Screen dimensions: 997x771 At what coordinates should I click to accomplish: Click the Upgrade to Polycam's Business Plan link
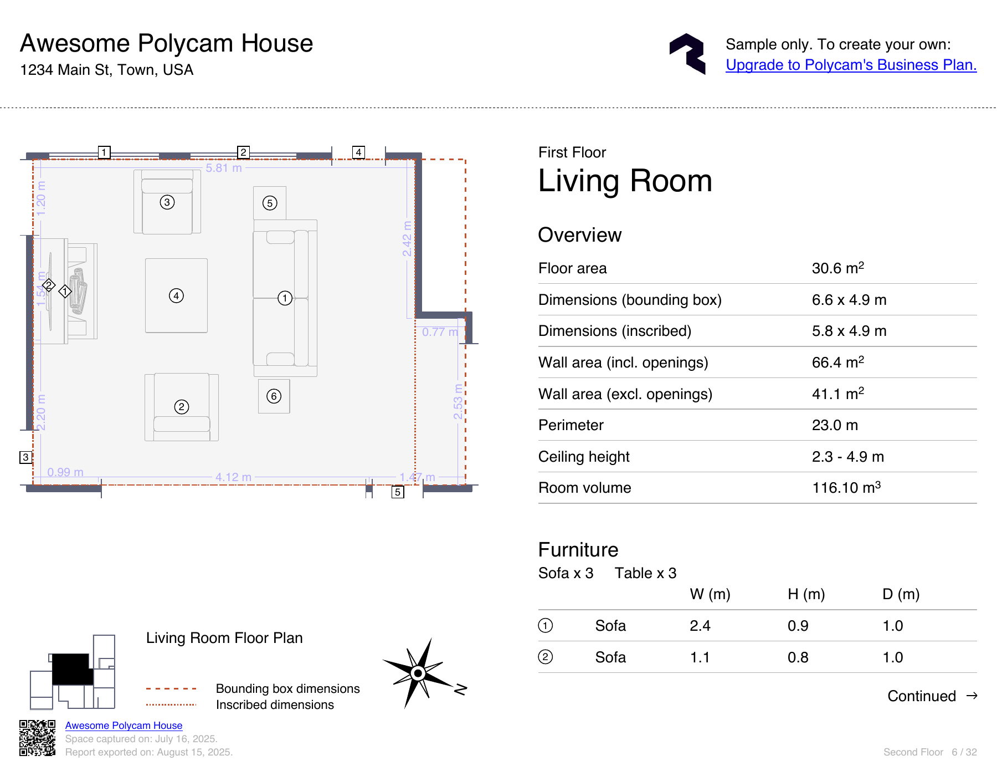coord(851,65)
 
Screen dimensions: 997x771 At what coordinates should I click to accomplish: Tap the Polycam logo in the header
coord(687,54)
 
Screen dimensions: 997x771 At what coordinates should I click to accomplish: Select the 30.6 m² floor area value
coord(838,268)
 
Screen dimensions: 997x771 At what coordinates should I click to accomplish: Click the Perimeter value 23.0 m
coord(835,425)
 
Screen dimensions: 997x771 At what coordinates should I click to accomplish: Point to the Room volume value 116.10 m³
coord(846,488)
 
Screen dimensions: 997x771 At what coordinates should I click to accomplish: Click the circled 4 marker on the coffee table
coord(176,295)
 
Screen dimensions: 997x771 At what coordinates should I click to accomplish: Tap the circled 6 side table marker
coord(274,396)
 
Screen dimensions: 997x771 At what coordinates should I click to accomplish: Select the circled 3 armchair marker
coord(167,202)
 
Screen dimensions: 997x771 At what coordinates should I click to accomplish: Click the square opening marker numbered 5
coord(398,492)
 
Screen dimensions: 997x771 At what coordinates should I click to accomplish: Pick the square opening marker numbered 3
coord(25,457)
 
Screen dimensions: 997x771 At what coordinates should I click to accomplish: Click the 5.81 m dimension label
coord(224,168)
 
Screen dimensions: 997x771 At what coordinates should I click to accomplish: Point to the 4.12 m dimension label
coord(233,477)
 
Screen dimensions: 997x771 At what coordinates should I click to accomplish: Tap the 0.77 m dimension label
coord(440,332)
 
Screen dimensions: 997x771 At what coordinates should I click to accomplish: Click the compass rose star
coord(418,673)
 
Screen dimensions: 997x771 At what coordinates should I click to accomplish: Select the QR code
coord(38,738)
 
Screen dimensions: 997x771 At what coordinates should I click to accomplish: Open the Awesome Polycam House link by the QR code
coord(124,726)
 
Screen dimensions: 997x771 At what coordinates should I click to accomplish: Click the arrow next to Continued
coord(972,696)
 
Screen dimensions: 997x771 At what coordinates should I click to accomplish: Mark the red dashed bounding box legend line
coord(171,688)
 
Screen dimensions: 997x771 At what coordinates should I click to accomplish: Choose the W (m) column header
coord(710,594)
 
